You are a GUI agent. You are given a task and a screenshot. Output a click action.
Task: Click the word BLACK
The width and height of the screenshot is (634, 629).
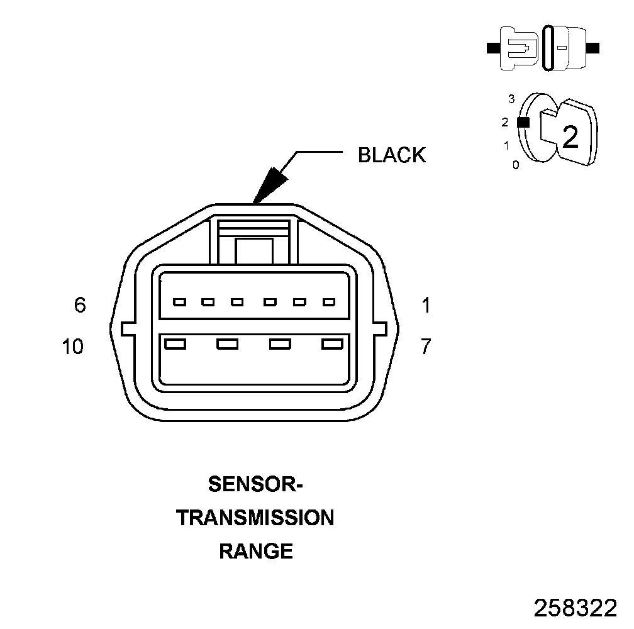(x=391, y=155)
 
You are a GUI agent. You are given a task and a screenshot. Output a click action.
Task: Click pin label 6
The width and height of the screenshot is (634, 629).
(x=79, y=305)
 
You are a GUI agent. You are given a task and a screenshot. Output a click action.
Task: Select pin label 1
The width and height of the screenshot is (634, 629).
(x=426, y=306)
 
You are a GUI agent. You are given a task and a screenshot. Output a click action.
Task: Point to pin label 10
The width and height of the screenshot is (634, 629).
(x=73, y=347)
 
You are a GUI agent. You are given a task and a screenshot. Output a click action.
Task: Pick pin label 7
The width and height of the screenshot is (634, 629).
(x=426, y=347)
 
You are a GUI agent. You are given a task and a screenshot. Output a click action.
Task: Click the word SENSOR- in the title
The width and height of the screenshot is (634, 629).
(x=255, y=485)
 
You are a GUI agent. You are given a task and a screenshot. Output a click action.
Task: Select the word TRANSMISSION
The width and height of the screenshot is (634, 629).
(x=255, y=518)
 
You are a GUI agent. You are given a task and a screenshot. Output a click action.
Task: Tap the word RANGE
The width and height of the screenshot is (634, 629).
(x=255, y=552)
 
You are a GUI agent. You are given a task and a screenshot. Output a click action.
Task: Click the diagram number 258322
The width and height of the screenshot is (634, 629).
(x=575, y=608)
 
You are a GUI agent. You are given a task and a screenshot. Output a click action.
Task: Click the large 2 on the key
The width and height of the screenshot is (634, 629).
(x=570, y=137)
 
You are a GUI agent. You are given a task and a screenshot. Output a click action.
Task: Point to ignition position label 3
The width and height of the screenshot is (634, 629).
(x=511, y=99)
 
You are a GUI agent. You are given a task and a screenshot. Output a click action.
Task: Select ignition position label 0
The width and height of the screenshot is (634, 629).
(x=516, y=165)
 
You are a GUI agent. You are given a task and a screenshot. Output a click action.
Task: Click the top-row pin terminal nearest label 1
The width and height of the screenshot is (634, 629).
(x=328, y=303)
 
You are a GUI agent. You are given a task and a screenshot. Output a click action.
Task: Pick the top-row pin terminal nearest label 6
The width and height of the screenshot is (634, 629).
(x=179, y=303)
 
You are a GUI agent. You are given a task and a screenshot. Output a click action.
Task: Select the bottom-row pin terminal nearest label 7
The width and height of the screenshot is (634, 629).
(x=331, y=343)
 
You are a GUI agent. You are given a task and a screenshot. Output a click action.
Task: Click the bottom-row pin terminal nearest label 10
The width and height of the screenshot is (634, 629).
(x=174, y=343)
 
